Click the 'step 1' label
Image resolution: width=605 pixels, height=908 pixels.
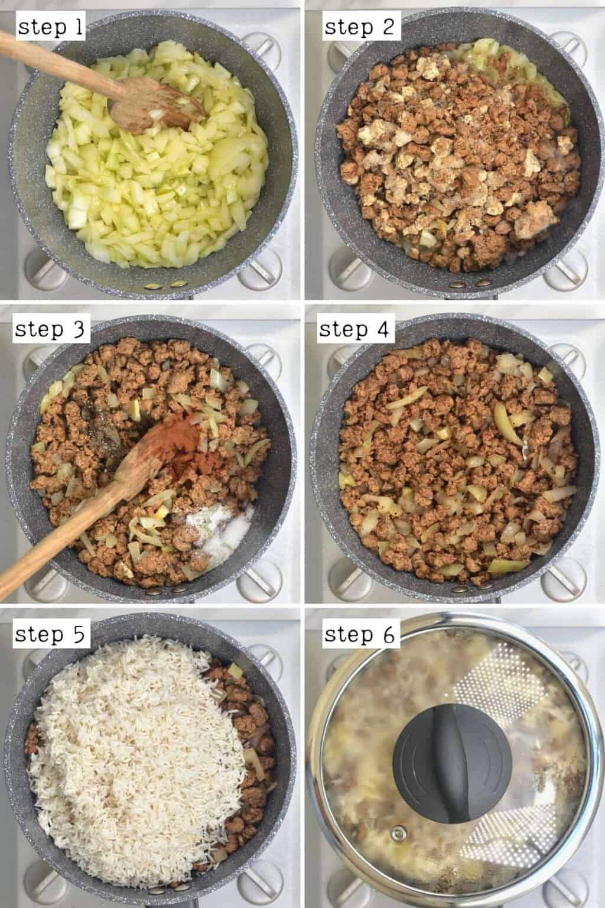51,28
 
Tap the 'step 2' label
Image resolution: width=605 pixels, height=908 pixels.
359,28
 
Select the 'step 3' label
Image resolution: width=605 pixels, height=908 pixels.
51,330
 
